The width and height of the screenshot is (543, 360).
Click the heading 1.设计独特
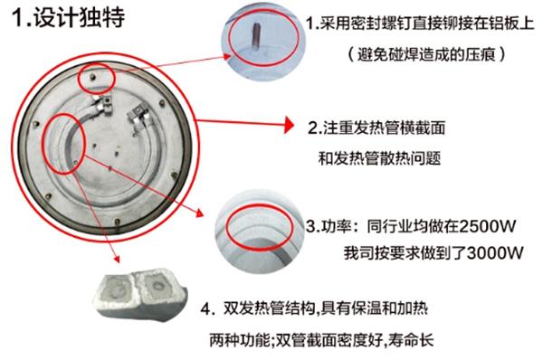tap(68, 17)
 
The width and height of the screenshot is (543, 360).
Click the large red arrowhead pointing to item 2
tap(289, 125)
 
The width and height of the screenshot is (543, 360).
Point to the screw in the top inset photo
tap(257, 36)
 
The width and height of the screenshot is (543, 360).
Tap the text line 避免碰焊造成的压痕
tap(426, 54)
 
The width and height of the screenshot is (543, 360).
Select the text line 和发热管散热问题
tap(379, 158)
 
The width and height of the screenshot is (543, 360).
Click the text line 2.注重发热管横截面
tap(376, 128)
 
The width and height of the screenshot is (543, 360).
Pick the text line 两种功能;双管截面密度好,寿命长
tap(321, 339)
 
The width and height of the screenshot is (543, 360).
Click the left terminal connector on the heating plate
tap(101, 106)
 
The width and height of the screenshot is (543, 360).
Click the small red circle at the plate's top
tap(96, 78)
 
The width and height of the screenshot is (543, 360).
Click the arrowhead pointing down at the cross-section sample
tap(117, 259)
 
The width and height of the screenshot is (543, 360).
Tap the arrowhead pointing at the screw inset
tap(227, 57)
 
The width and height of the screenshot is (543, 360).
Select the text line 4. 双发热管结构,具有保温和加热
tap(314, 308)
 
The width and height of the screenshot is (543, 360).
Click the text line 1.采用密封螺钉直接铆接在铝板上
tap(420, 24)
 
